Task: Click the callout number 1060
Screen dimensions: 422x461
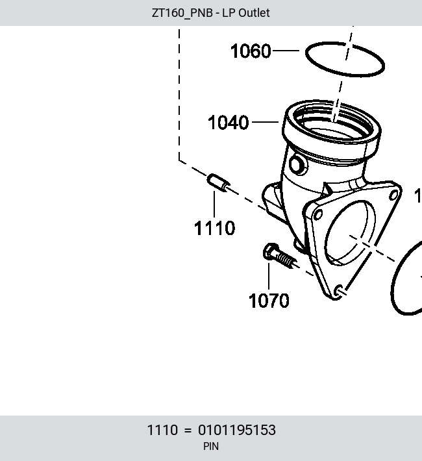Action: point(251,51)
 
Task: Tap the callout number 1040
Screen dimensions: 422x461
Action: point(228,122)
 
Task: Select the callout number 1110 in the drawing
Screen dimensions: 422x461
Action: point(215,228)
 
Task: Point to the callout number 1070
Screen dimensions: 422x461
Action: point(269,301)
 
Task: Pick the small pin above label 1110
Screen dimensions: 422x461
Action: point(219,182)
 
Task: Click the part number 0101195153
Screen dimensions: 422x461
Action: point(237,430)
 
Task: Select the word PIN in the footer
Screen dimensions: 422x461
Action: point(211,446)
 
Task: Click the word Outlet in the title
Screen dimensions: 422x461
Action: point(254,13)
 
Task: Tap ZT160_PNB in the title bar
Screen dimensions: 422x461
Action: point(182,13)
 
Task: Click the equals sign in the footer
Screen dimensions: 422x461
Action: point(188,430)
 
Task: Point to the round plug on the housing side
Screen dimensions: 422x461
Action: point(297,165)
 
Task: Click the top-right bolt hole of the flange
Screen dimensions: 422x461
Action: point(393,196)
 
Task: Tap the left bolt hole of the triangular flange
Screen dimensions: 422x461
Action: point(318,215)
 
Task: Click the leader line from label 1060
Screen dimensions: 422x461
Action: point(286,51)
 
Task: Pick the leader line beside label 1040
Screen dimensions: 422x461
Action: point(266,121)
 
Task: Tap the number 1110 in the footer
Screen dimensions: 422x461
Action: point(162,430)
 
